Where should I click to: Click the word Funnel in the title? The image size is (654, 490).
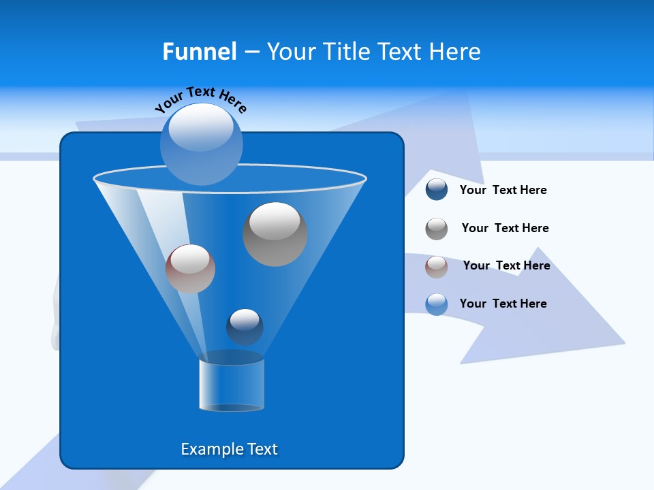tap(200, 52)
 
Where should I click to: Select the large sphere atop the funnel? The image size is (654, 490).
tap(202, 144)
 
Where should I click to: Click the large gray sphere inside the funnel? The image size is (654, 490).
tap(275, 235)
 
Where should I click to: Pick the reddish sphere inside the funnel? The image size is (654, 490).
tap(190, 269)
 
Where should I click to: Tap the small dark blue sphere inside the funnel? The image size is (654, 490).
tap(245, 327)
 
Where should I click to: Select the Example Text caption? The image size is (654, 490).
tap(230, 449)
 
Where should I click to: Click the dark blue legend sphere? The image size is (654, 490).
tap(437, 190)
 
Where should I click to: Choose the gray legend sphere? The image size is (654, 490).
tap(437, 229)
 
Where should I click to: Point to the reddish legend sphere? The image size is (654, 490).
tap(437, 267)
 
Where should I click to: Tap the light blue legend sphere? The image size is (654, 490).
tap(437, 304)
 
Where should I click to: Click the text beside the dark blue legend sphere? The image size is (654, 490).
tap(503, 191)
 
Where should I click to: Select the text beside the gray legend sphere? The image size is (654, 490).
tap(505, 229)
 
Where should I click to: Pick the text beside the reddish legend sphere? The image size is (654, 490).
tap(506, 266)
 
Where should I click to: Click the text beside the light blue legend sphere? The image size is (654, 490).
tap(503, 304)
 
